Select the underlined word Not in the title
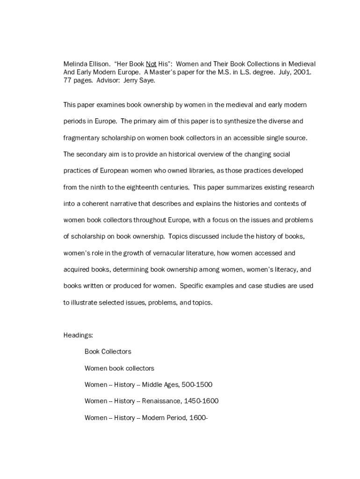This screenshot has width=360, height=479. pyautogui.click(x=151, y=64)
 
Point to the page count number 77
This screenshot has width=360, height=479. pyautogui.click(x=67, y=80)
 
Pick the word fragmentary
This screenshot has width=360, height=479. pyautogui.click(x=81, y=138)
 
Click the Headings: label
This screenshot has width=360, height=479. pyautogui.click(x=78, y=335)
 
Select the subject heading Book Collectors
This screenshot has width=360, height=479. pyautogui.click(x=108, y=351)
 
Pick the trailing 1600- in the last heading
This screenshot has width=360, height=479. pyautogui.click(x=197, y=418)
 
